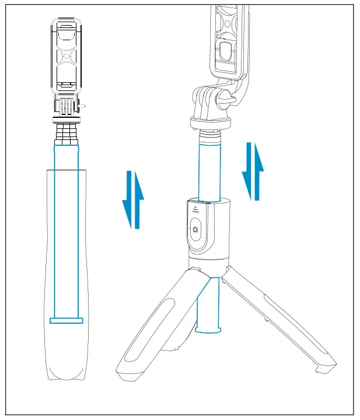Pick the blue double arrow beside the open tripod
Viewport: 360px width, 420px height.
pos(253,171)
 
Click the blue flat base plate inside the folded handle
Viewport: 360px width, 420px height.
pos(66,320)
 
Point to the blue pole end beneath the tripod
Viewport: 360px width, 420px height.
pos(208,327)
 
